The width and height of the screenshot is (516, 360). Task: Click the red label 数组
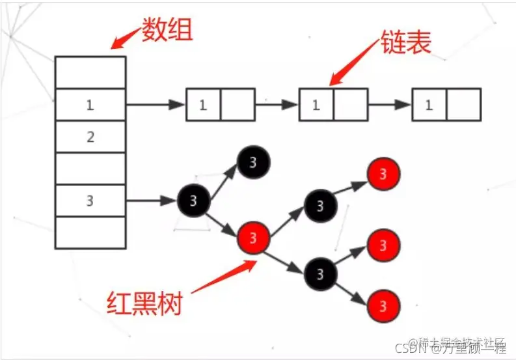click(x=167, y=29)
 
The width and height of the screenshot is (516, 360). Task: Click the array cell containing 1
click(x=90, y=104)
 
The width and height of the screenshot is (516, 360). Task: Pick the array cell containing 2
click(x=90, y=137)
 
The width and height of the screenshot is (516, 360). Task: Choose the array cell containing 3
click(x=90, y=201)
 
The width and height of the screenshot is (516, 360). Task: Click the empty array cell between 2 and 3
click(x=90, y=169)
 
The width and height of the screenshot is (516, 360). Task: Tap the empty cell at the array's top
click(x=90, y=72)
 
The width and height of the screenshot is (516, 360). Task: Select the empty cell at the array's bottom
click(x=90, y=232)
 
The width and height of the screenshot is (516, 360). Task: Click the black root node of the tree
click(x=193, y=201)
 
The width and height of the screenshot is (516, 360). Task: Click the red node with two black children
click(x=254, y=236)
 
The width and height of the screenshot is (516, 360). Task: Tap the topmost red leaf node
click(x=383, y=174)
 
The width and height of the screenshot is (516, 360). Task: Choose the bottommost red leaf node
click(x=383, y=304)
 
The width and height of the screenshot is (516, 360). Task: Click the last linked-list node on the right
click(x=446, y=105)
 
